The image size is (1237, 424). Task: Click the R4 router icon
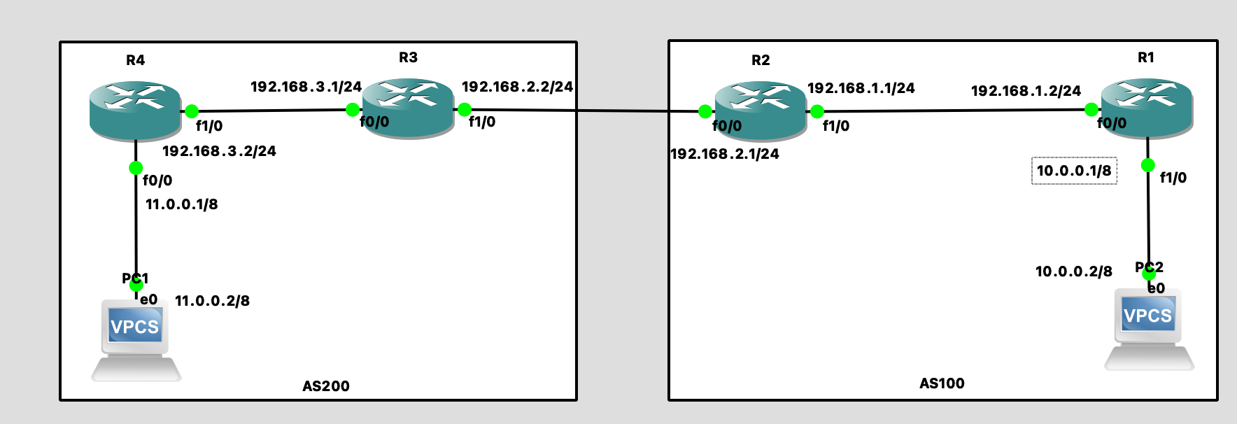135,109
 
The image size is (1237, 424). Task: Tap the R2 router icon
761,110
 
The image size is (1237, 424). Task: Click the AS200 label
326,386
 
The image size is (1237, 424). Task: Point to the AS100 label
942,383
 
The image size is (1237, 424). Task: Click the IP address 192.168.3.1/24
306,87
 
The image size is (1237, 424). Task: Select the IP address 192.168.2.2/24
517,87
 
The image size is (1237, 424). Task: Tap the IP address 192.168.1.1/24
861,88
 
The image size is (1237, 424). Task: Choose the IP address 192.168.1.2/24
1026,91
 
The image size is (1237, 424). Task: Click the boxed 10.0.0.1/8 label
1074,171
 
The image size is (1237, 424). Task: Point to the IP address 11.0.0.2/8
212,301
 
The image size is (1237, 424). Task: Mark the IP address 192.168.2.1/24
725,154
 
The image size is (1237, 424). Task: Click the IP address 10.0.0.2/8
1073,271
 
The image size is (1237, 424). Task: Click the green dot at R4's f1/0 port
192,111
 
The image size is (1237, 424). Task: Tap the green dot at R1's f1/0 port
1147,165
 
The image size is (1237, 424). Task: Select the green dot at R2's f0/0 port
705,111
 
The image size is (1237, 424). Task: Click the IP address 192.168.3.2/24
219,151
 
